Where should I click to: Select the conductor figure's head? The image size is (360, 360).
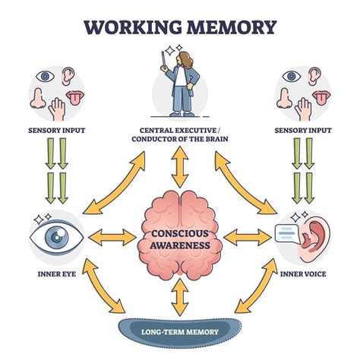180,61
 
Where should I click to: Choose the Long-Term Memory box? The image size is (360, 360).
180,330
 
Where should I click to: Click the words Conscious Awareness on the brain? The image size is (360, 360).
180,238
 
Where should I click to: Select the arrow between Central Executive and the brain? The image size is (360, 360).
180,168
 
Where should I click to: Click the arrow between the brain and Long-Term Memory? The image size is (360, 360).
180,297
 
